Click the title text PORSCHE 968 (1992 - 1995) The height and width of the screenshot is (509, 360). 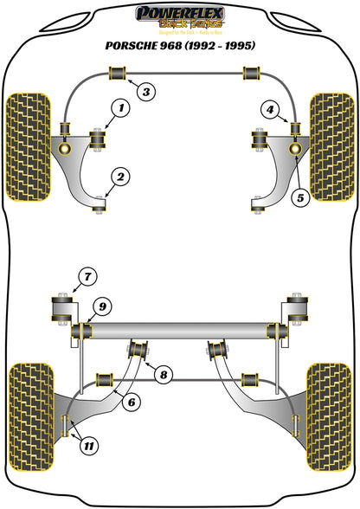click(x=180, y=46)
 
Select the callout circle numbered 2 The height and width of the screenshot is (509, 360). click(x=120, y=177)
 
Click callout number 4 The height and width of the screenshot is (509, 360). click(x=272, y=110)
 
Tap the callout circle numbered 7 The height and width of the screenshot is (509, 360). click(x=86, y=278)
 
